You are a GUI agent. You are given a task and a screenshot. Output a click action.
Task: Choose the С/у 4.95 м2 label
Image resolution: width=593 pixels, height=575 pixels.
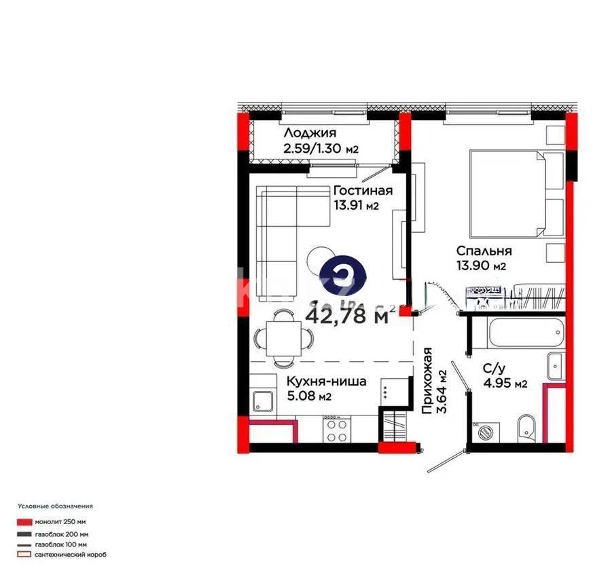(x=504, y=377)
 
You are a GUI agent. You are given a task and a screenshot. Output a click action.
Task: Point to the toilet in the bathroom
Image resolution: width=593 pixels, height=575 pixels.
(x=526, y=428)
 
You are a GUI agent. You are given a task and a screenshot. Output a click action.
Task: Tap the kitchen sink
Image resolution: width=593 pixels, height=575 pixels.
(x=262, y=401)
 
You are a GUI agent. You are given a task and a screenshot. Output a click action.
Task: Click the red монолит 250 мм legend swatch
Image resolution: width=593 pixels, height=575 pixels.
(x=24, y=522)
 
